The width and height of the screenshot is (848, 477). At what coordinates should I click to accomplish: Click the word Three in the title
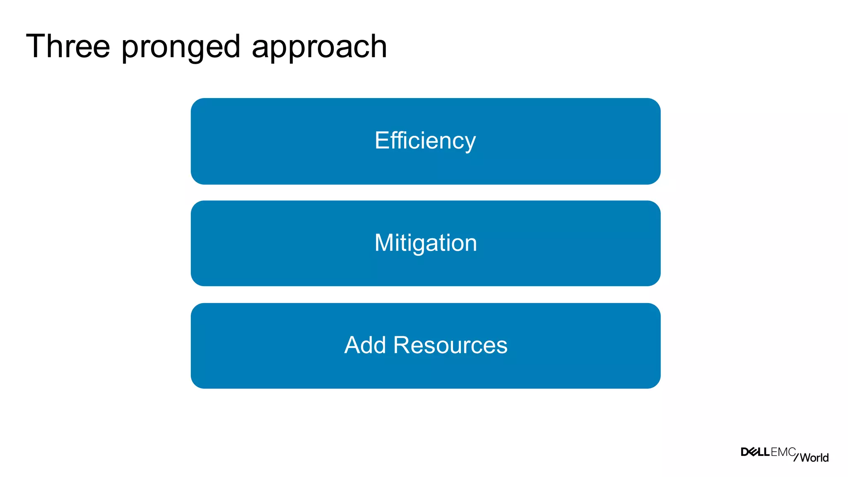click(x=68, y=46)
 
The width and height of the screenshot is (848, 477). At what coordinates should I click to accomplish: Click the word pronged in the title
click(x=181, y=47)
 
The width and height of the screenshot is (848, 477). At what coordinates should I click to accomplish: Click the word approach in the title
click(x=319, y=47)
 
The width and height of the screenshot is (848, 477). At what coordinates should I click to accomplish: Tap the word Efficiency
click(x=425, y=141)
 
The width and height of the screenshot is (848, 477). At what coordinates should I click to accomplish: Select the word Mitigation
click(x=426, y=243)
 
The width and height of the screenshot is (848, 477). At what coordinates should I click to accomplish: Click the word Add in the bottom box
click(x=365, y=345)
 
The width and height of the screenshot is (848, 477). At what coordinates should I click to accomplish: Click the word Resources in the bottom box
click(x=450, y=345)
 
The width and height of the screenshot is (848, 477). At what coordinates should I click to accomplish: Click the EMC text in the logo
click(x=783, y=452)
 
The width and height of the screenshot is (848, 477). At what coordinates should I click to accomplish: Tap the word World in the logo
click(x=814, y=458)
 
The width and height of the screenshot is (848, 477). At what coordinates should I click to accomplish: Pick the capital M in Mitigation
click(x=383, y=243)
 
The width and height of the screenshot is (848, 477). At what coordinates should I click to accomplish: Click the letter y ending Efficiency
click(x=470, y=143)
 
